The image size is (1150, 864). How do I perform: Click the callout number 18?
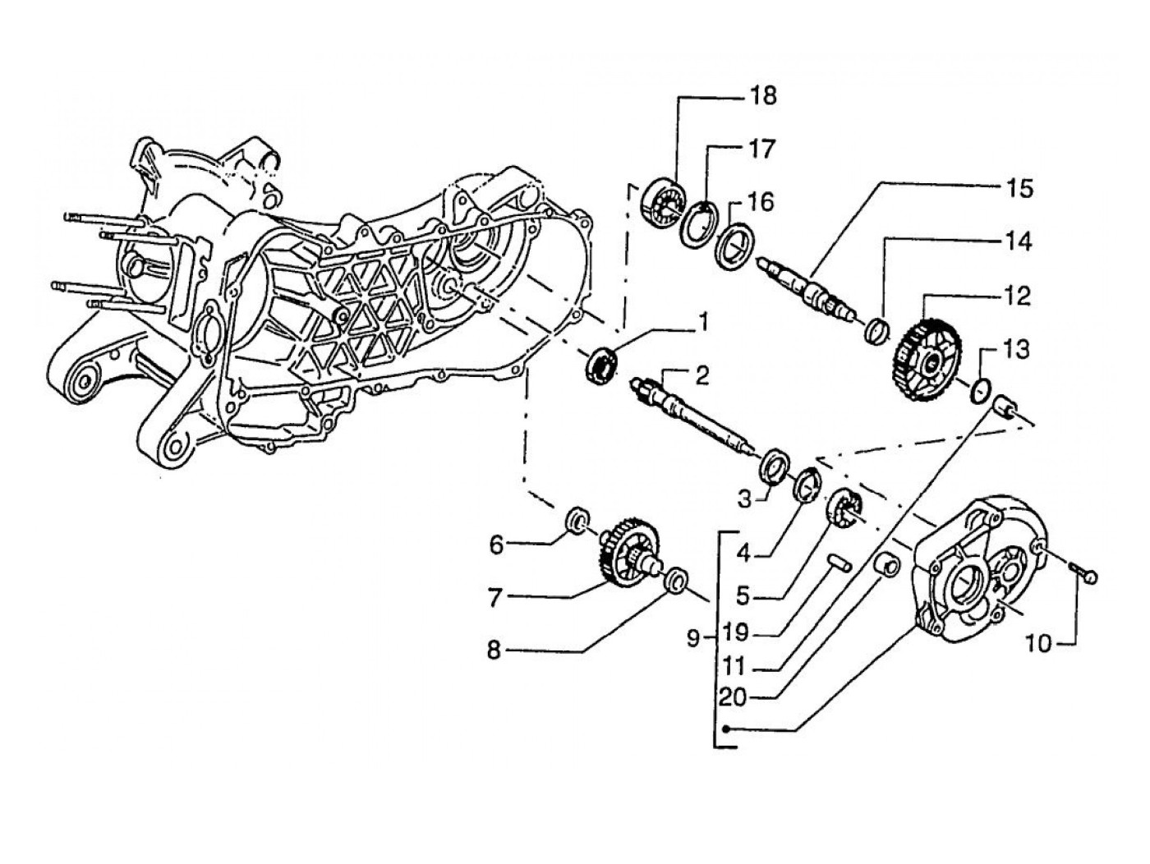click(764, 96)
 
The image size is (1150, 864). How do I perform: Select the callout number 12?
click(1017, 296)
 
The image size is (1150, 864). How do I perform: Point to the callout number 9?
click(693, 638)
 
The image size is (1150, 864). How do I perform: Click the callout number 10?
click(1039, 643)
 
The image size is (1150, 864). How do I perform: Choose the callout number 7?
click(496, 597)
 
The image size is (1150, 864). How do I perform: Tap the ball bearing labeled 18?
click(665, 205)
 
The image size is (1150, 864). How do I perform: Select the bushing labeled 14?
click(876, 331)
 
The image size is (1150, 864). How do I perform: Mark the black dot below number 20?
click(726, 729)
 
